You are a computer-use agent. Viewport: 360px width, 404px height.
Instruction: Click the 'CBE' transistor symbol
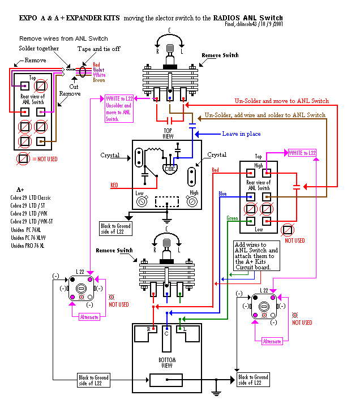click(x=169, y=168)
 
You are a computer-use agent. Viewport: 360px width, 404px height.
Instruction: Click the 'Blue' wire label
click(x=224, y=194)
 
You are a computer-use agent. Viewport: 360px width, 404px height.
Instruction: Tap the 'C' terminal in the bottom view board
click(x=166, y=333)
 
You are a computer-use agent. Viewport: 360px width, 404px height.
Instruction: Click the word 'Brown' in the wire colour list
click(x=98, y=80)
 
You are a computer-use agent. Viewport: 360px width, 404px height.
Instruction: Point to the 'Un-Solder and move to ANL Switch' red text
click(x=281, y=101)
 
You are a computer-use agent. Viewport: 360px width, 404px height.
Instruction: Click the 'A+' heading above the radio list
click(x=20, y=189)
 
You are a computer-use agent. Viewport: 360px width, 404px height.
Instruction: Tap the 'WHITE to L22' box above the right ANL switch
click(x=302, y=153)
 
